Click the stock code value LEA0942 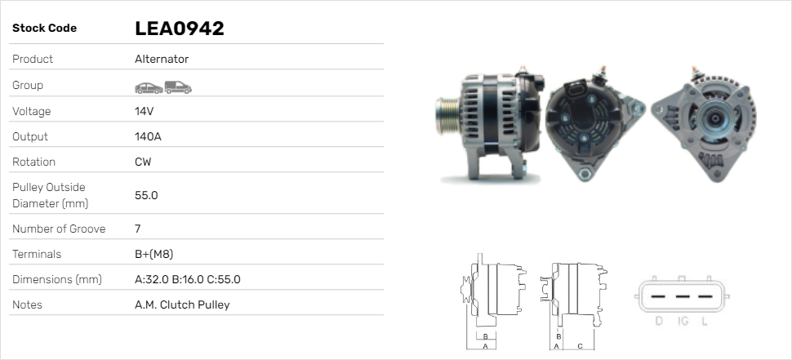coord(179,29)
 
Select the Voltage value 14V coord(145,111)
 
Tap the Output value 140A coord(148,136)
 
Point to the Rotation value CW coord(143,162)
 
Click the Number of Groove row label coord(59,229)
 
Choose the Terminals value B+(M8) coord(154,254)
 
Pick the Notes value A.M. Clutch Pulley coord(181,304)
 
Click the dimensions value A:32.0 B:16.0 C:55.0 coord(187,279)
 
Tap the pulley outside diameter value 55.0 coord(146,195)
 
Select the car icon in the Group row coord(148,87)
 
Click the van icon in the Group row coord(178,87)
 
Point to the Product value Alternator coord(162,59)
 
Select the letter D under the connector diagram coord(659,321)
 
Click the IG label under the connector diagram coord(683,321)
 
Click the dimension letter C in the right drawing coord(579,345)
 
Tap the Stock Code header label coord(44,28)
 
